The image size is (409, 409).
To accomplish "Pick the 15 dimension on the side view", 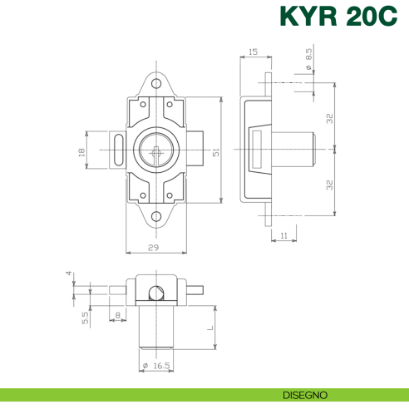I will click(x=253, y=52).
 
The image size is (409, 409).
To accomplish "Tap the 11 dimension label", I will click(x=283, y=236).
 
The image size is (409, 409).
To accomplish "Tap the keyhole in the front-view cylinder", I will click(x=156, y=150).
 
